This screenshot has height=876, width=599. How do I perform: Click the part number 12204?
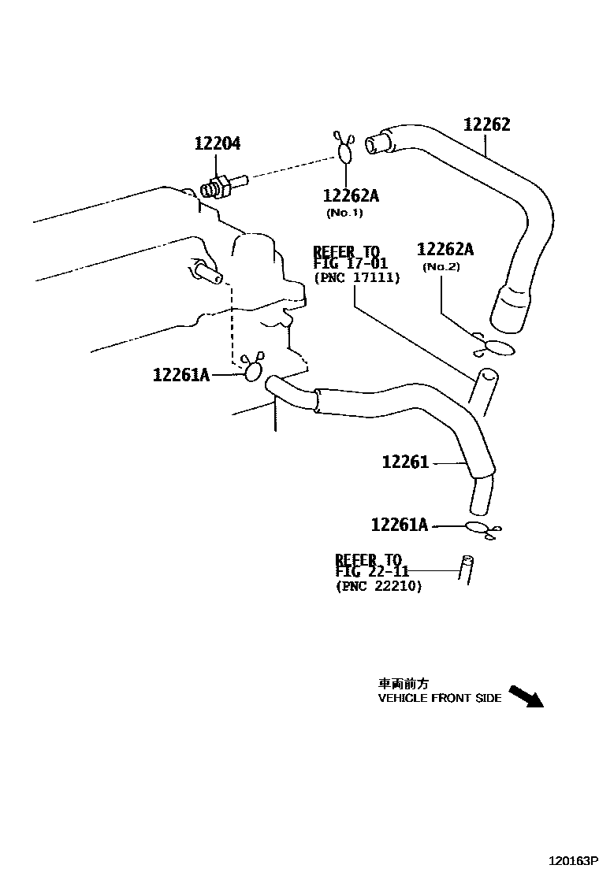218,143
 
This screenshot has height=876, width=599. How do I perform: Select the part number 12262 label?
486,124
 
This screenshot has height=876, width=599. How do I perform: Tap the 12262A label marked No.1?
350,196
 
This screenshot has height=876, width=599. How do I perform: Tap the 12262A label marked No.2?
445,250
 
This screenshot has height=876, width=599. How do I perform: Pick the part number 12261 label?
405,462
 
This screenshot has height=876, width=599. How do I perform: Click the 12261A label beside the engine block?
180,375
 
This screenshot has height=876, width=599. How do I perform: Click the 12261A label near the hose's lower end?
399,525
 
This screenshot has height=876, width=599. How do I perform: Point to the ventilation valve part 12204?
223,187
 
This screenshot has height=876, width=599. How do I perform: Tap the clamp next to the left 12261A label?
253,369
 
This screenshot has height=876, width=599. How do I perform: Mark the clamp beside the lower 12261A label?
479,529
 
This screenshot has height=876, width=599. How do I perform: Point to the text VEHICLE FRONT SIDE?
440,698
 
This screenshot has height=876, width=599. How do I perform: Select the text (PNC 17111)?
356,277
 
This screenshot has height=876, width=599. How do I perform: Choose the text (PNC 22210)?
378,586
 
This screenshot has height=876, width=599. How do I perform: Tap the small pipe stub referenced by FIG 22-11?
467,568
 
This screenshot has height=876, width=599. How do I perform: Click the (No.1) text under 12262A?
344,213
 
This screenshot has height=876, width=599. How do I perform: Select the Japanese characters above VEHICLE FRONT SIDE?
404,684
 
